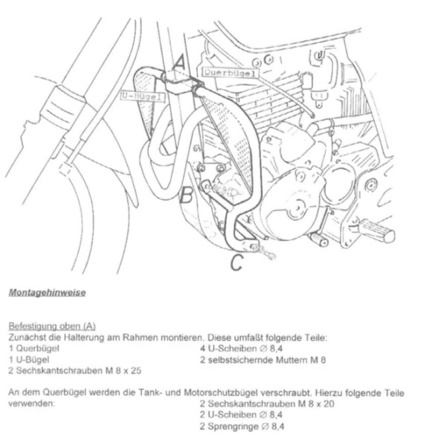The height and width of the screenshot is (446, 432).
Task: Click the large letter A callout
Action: click(x=179, y=63)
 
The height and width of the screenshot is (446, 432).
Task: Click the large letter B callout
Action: click(x=187, y=194)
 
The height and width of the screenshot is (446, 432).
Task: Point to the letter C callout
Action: click(x=236, y=262)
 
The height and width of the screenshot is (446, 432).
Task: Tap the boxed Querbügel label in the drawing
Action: click(x=230, y=73)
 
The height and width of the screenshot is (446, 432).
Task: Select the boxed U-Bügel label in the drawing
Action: click(x=143, y=96)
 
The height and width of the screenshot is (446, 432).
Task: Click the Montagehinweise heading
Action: click(x=48, y=293)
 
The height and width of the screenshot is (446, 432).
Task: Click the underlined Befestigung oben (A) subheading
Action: click(x=52, y=326)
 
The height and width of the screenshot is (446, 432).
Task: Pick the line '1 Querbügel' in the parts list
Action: click(x=34, y=349)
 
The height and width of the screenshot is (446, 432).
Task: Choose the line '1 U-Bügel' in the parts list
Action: click(x=29, y=360)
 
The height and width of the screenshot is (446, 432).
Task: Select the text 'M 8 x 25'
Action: click(x=124, y=371)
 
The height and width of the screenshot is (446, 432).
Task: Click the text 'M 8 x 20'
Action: click(x=316, y=404)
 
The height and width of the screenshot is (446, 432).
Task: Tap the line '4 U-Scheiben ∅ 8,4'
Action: click(x=242, y=349)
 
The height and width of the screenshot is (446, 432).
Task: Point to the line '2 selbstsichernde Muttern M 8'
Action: click(x=263, y=360)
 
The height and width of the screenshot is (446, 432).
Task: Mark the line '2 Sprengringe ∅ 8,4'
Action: click(x=242, y=427)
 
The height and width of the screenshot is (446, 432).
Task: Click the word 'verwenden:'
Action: click(x=31, y=404)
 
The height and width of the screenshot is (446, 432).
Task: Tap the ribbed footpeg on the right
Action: click(x=376, y=230)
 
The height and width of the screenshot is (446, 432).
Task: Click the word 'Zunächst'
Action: click(x=27, y=337)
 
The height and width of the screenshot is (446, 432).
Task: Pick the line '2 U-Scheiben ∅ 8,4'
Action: click(x=242, y=415)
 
